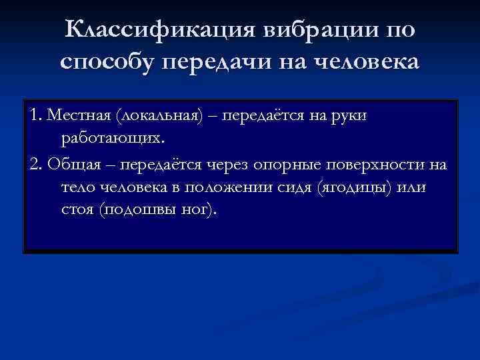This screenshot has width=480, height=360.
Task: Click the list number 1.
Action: (35, 117)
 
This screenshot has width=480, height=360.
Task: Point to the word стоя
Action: (77, 211)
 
